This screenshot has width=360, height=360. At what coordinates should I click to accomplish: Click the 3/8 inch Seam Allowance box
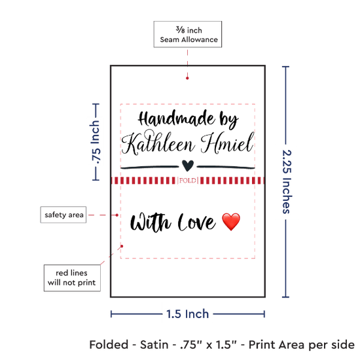point(188,34)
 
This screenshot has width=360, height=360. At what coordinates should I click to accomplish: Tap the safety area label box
point(63,215)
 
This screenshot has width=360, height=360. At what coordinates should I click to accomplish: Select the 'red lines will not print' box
point(72,278)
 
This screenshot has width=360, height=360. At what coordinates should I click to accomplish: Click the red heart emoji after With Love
point(231,222)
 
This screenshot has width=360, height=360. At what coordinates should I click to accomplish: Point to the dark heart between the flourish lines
point(188,166)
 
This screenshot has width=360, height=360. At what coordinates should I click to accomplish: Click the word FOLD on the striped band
point(188,181)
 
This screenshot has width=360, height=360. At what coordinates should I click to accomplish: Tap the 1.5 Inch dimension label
point(188,314)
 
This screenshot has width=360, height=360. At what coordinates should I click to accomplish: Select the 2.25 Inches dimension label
point(287,182)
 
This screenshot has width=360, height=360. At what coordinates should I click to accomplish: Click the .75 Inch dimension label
point(95,142)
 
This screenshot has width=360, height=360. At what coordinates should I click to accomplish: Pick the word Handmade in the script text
point(177,118)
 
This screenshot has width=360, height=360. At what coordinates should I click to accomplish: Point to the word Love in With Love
point(197,222)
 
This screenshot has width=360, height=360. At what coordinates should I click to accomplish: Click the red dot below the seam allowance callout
point(187,79)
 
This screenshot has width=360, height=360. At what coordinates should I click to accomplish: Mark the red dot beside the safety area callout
point(117,215)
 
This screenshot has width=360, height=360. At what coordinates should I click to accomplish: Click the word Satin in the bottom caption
point(154,345)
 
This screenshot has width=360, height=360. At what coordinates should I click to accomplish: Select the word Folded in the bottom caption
point(109,345)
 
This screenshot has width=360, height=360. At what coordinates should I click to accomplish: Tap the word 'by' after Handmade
point(228,120)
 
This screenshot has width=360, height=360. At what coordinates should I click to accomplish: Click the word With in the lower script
point(151,222)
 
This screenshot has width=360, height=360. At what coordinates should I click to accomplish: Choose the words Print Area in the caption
point(277,345)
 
